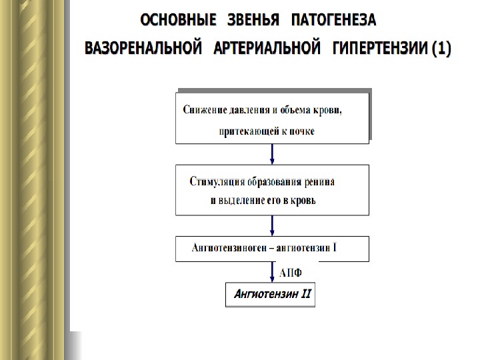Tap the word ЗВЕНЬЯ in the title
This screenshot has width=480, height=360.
(x=254, y=21)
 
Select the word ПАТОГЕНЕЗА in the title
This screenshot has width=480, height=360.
(x=333, y=21)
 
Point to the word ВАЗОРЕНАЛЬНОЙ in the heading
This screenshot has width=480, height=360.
(x=143, y=49)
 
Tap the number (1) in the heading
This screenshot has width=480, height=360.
(x=441, y=49)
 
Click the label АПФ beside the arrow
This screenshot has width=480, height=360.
(x=291, y=272)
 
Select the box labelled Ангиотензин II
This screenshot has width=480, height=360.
(x=269, y=294)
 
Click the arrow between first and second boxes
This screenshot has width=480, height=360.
(x=272, y=154)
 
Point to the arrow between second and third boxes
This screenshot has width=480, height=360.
(x=272, y=225)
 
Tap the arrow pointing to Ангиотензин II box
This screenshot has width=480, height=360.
(x=272, y=272)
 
